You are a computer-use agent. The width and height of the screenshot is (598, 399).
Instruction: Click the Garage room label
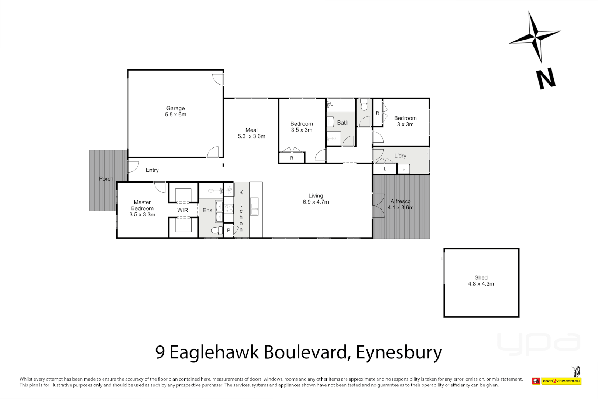pyautogui.click(x=175, y=108)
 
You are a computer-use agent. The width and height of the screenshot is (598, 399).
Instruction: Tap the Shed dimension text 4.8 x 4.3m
pyautogui.click(x=481, y=284)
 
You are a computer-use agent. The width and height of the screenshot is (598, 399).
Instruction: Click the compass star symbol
pyautogui.click(x=535, y=37)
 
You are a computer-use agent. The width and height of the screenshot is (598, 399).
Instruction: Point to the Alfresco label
pyautogui.click(x=401, y=201)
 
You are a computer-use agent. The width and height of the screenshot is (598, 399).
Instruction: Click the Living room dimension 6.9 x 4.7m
pyautogui.click(x=316, y=202)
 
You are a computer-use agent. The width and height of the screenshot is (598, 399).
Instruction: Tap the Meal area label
pyautogui.click(x=251, y=130)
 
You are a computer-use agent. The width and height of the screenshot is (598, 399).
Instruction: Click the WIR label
pyautogui.click(x=183, y=210)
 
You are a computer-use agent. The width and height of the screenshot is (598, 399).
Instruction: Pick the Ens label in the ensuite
pyautogui.click(x=207, y=210)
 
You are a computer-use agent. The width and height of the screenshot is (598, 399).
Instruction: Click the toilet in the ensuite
pyautogui.click(x=216, y=231)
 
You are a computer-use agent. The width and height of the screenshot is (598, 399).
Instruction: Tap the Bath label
pyautogui.click(x=343, y=123)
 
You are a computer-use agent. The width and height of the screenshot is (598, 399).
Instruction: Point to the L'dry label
pyautogui.click(x=400, y=156)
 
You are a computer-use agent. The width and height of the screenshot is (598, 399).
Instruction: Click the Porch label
pyautogui.click(x=106, y=179)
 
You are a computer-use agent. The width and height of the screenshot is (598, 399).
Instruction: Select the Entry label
pyautogui.click(x=152, y=170)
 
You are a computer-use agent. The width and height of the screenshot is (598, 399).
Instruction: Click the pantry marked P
pyautogui.click(x=228, y=231)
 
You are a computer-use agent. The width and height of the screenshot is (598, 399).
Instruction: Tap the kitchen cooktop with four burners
pyautogui.click(x=229, y=209)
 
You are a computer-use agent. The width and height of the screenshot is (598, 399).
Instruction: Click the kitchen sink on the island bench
pyautogui.click(x=254, y=207)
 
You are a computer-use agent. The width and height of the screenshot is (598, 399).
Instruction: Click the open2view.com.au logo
pyautogui.click(x=561, y=381)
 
